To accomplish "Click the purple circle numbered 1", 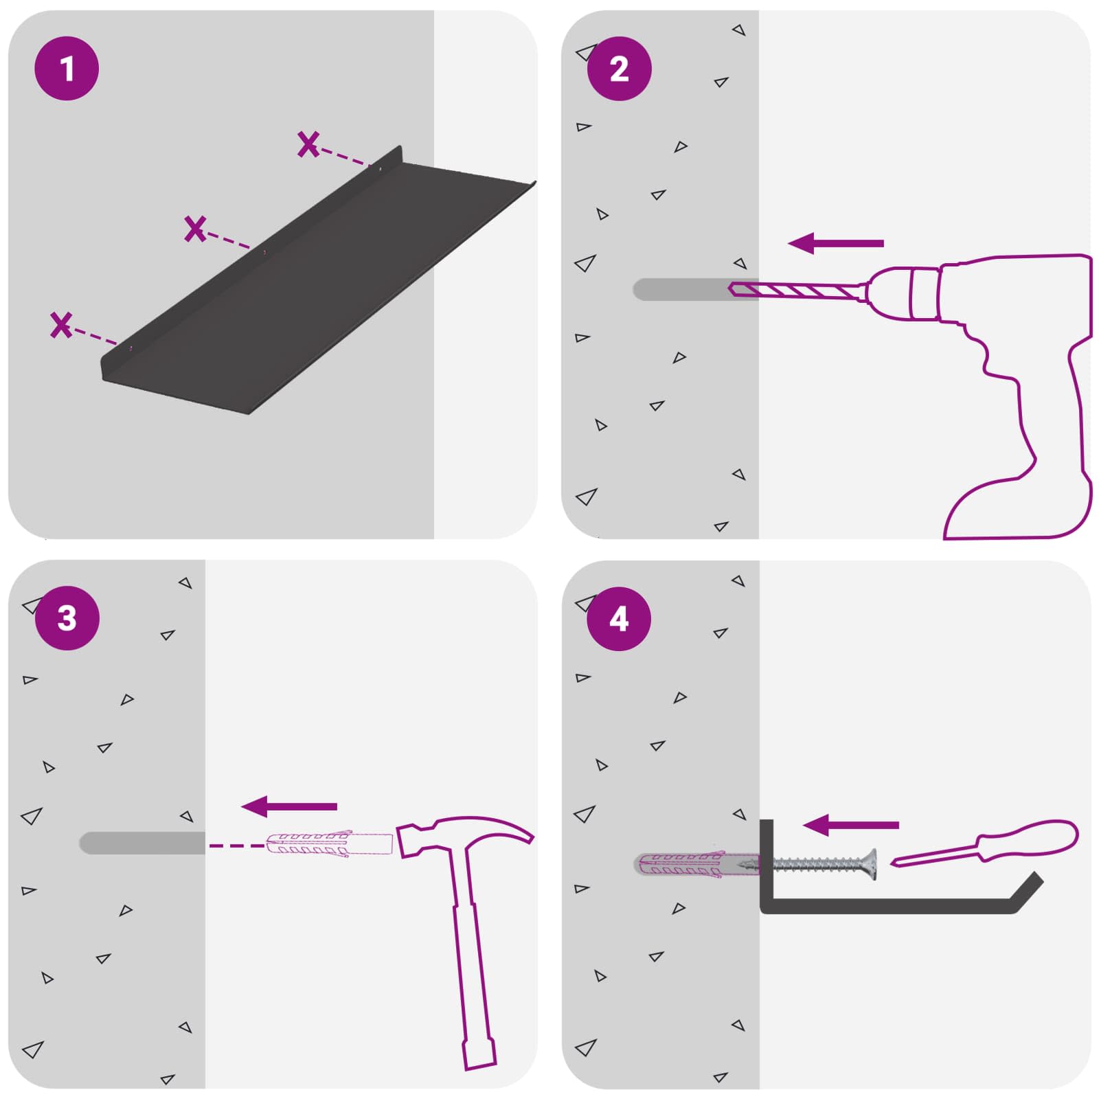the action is tap(67, 69).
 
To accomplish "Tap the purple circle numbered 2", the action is tap(619, 69).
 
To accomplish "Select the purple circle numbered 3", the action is tap(67, 618).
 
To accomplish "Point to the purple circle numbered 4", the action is tap(619, 619).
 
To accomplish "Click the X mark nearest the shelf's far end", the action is tap(308, 144).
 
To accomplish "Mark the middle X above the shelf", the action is tap(195, 229).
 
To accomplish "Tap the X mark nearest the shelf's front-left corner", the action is tap(61, 325).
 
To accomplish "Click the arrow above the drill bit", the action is tap(835, 243).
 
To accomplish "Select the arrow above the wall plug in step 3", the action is tap(289, 806).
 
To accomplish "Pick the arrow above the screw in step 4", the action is tap(851, 825).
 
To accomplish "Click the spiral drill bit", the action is tap(797, 291).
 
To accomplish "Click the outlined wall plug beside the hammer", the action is tap(329, 843).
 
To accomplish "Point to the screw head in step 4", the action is tap(870, 865).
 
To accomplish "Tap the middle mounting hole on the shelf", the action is tap(264, 252).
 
